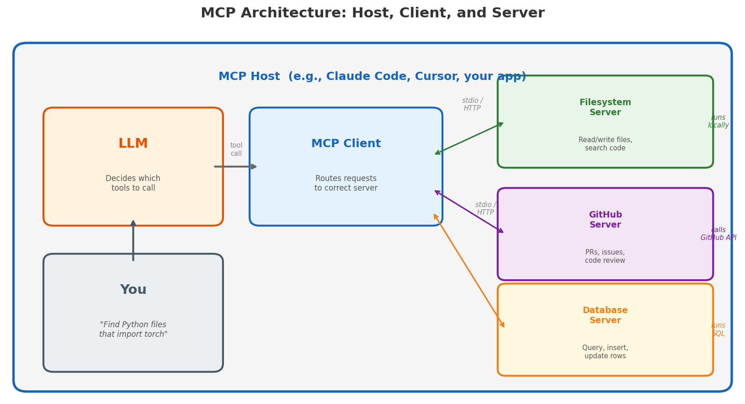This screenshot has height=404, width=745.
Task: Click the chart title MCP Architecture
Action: coord(372,13)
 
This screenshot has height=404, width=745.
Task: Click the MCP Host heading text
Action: coord(372,77)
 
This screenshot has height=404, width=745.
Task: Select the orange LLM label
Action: coord(133,144)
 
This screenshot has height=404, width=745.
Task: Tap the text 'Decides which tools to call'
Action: coord(133,183)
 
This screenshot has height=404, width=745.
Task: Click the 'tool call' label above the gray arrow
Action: coord(236,149)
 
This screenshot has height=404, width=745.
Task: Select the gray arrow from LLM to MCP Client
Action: coord(235,167)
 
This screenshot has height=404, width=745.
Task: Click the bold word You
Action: coord(133,290)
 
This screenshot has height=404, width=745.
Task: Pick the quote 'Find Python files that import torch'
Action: coord(133,330)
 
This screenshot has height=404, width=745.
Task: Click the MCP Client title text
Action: coord(346,144)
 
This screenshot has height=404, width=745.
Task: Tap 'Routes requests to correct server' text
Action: coord(346,183)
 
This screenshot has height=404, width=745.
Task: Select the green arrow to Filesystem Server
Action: coord(469,138)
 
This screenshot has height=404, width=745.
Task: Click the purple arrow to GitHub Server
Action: coord(469,212)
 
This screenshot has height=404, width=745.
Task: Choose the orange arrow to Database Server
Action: coord(469,271)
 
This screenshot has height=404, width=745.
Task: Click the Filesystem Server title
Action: coord(605,107)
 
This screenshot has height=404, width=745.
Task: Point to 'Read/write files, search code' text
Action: coord(605,144)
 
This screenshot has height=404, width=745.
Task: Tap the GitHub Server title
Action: coord(605,220)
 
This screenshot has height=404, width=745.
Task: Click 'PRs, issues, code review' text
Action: coord(605,256)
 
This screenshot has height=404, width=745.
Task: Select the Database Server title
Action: coord(605,315)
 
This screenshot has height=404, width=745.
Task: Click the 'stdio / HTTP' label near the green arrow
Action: coord(472,104)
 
